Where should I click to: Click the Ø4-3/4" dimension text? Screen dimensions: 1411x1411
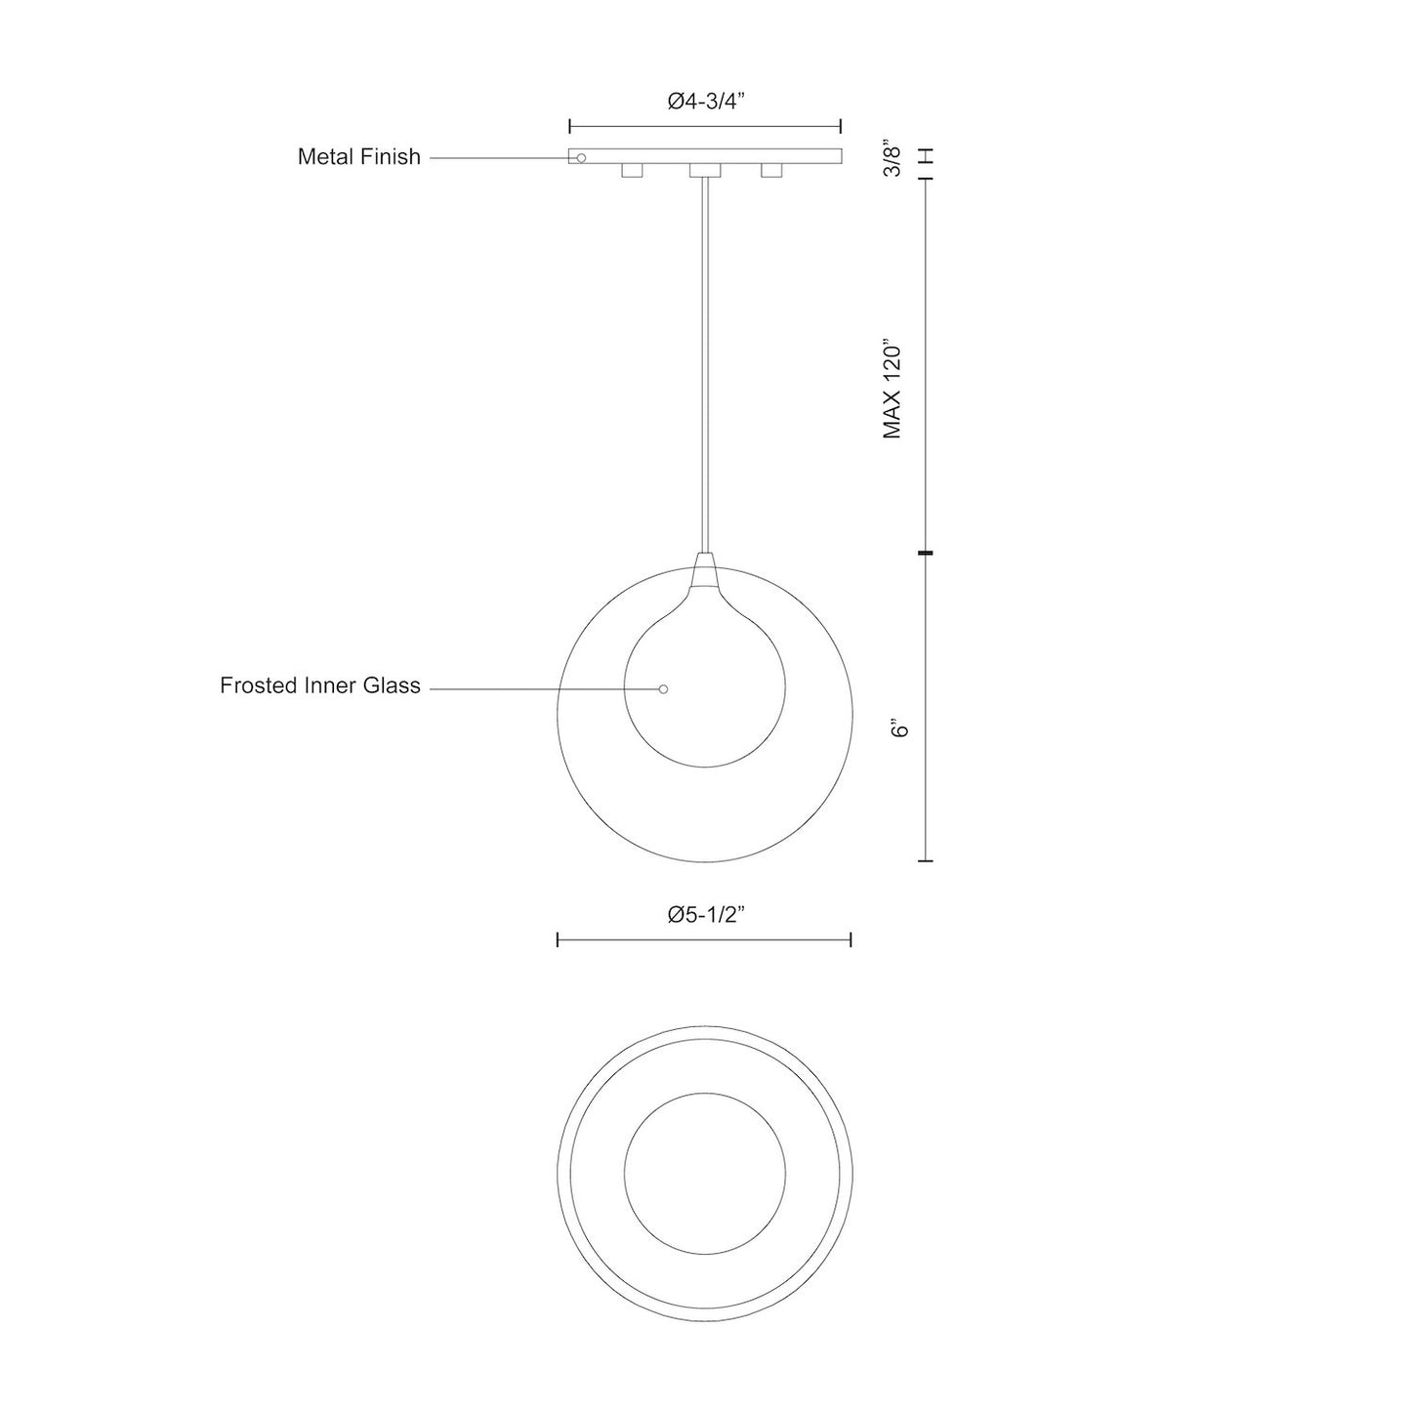click(706, 101)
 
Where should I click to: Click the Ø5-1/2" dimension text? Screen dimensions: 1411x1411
click(706, 915)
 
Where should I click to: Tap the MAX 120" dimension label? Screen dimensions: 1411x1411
click(892, 389)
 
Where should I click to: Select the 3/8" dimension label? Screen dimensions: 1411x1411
click(892, 159)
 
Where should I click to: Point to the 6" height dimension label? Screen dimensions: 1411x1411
click(899, 728)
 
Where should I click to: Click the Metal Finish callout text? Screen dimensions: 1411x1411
click(358, 156)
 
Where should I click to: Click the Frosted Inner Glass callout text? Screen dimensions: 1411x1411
click(319, 685)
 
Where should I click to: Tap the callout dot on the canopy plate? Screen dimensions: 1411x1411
click(581, 157)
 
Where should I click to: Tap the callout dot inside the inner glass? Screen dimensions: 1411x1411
click(663, 689)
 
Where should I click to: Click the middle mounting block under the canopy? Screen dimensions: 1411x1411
click(704, 172)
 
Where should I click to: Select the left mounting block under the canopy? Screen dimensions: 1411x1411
click(632, 172)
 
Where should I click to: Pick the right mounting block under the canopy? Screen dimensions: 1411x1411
click(771, 172)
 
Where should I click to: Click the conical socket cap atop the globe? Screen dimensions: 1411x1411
click(704, 570)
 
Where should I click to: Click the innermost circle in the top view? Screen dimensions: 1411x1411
click(704, 1173)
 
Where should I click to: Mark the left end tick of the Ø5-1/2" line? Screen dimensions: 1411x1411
click(558, 939)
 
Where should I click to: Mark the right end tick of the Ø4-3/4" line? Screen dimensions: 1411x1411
click(841, 126)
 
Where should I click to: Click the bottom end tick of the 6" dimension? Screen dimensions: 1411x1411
click(926, 861)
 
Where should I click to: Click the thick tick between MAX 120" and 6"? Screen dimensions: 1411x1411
click(926, 554)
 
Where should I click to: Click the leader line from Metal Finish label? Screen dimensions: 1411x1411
click(498, 157)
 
